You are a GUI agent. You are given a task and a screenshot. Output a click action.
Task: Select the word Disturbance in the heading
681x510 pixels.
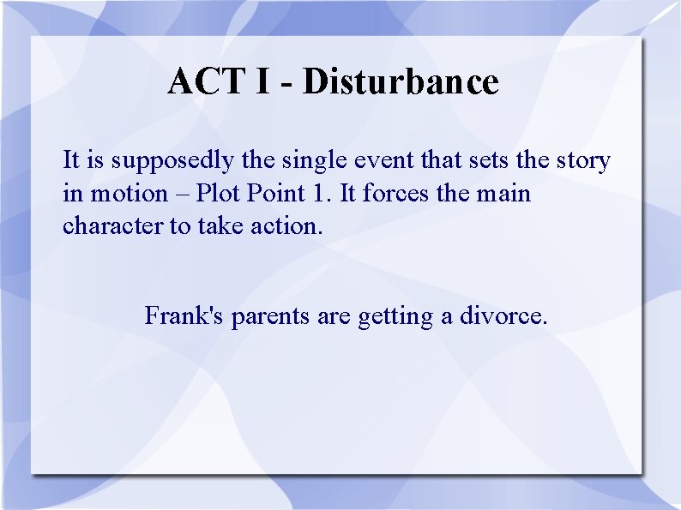(x=400, y=82)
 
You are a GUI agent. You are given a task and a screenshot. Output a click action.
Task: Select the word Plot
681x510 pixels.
(x=218, y=194)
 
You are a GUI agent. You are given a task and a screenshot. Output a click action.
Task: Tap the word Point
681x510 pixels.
(x=274, y=194)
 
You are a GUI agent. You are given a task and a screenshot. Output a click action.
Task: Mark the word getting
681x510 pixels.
(x=396, y=317)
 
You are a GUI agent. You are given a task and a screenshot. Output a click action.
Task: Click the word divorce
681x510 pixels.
(x=503, y=316)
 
